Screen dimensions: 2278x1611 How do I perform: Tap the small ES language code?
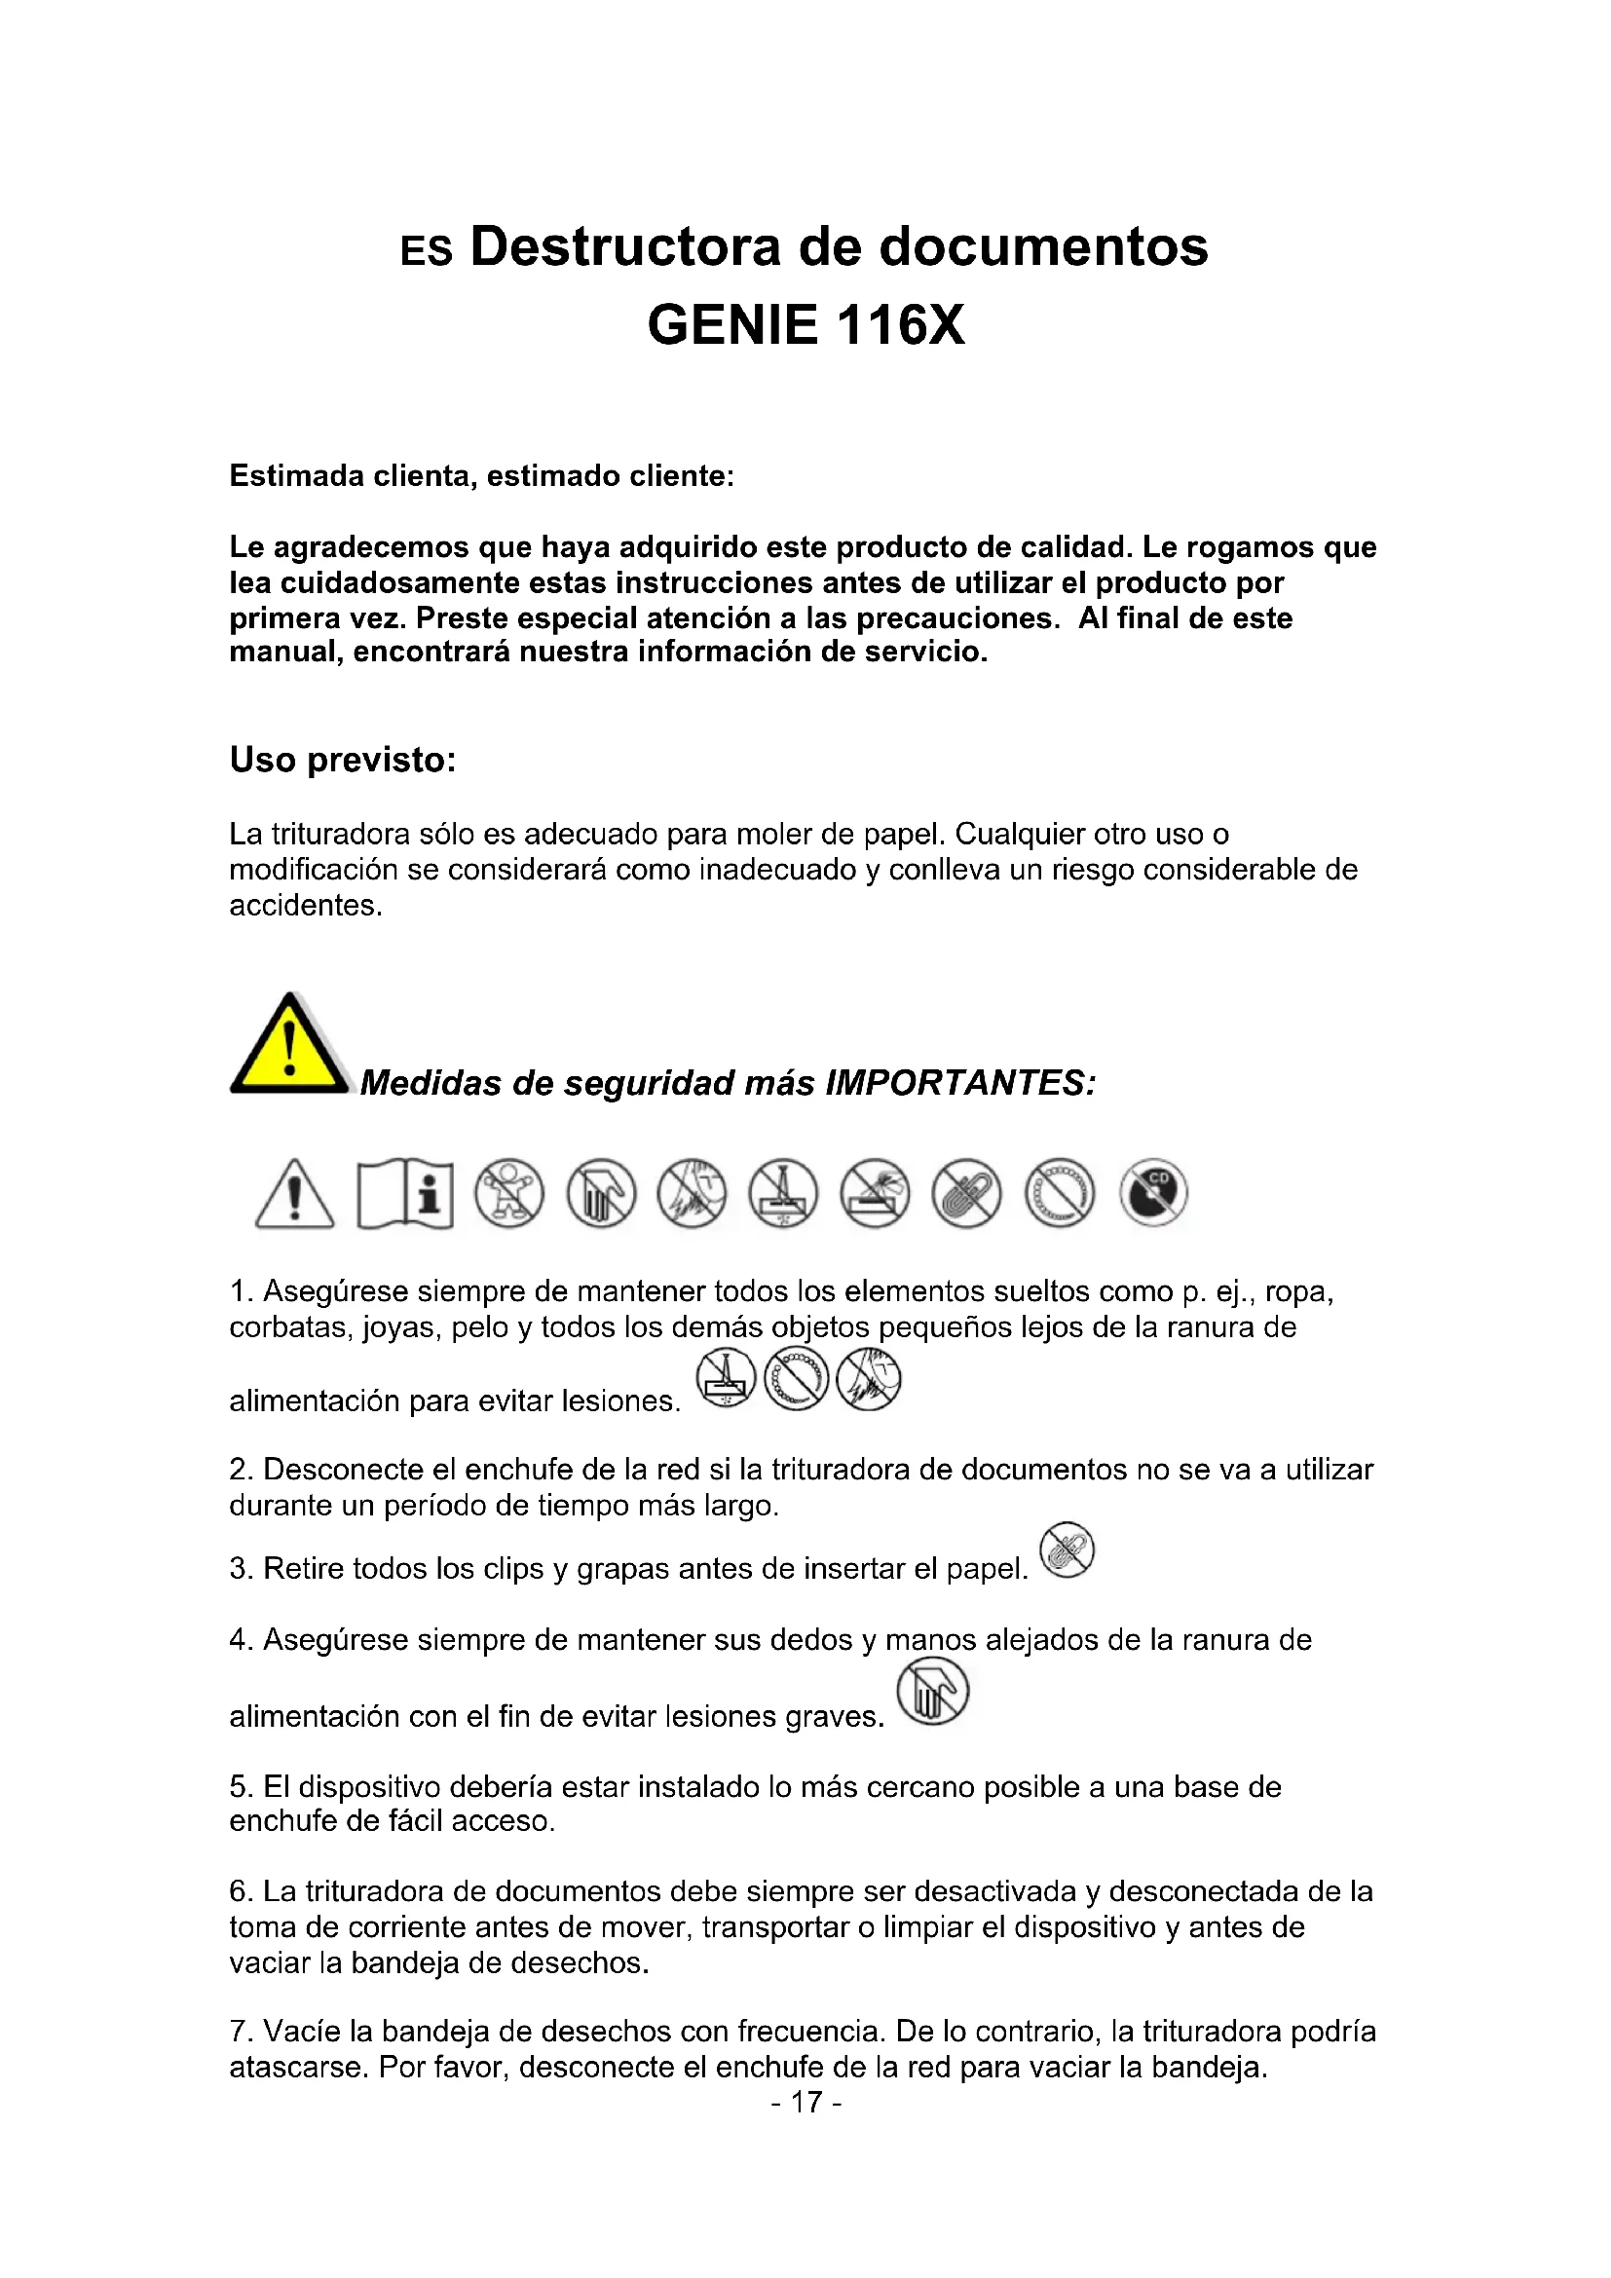click(x=426, y=252)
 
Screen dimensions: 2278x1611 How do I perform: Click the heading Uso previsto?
click(x=342, y=760)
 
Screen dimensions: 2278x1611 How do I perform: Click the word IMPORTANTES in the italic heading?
click(x=959, y=1082)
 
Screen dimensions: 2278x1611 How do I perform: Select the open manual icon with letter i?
click(x=405, y=1193)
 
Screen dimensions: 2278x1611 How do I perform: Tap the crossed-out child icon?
click(x=508, y=1193)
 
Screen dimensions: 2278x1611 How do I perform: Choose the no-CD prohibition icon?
click(x=1152, y=1193)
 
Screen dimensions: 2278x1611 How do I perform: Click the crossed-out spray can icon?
click(x=875, y=1193)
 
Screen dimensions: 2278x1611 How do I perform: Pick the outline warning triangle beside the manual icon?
click(x=294, y=1195)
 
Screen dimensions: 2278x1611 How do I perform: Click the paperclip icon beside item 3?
click(x=1067, y=1549)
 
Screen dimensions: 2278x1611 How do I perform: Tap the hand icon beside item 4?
click(x=931, y=1694)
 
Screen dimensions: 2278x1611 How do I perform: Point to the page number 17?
click(x=805, y=2102)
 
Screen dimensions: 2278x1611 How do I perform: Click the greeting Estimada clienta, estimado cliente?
click(x=481, y=476)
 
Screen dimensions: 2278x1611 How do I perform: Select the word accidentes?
click(x=305, y=905)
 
